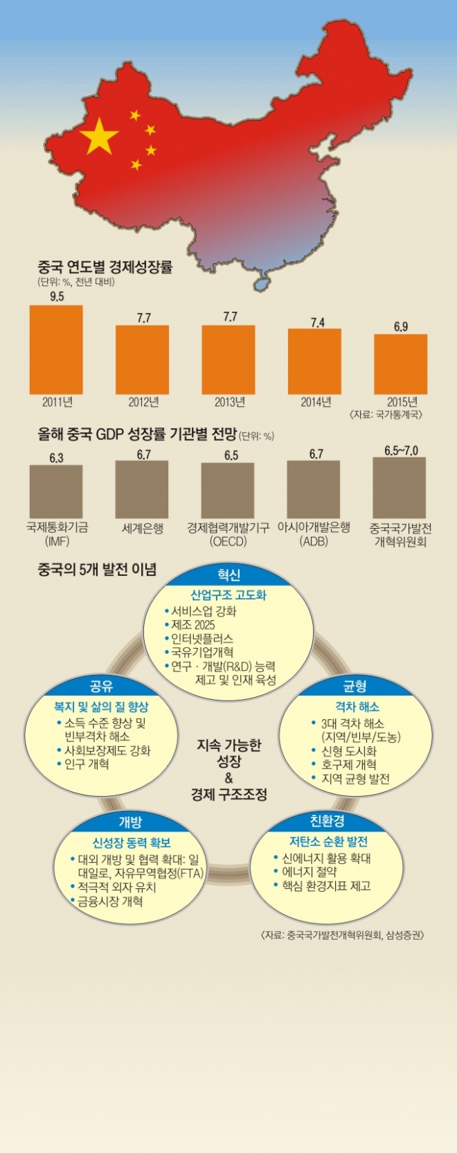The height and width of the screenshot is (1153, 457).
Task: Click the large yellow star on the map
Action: (100, 136)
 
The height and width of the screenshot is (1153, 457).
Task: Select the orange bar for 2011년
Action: (56, 349)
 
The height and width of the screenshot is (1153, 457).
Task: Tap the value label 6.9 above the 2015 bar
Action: (400, 326)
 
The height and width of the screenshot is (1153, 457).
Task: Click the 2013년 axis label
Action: (230, 402)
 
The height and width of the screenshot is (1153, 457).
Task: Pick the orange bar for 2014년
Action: (314, 361)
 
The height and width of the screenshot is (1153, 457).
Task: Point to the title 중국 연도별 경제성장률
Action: (105, 267)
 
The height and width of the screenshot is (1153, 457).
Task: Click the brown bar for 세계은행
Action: (142, 489)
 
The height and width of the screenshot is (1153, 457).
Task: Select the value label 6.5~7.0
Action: (401, 450)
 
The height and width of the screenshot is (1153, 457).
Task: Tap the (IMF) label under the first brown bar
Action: (56, 541)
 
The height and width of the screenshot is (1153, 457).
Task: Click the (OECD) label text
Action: (228, 541)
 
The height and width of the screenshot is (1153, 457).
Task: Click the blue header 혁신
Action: (228, 575)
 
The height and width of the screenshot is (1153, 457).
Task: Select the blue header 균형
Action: (355, 686)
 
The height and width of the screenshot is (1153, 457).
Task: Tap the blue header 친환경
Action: (327, 822)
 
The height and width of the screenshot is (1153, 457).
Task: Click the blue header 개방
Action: (130, 822)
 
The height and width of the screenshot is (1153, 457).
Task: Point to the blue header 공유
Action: (102, 686)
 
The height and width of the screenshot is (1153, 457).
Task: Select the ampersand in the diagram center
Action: (228, 777)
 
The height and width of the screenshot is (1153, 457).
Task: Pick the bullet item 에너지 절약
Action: (309, 872)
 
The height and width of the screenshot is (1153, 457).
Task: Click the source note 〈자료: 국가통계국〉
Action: (387, 414)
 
